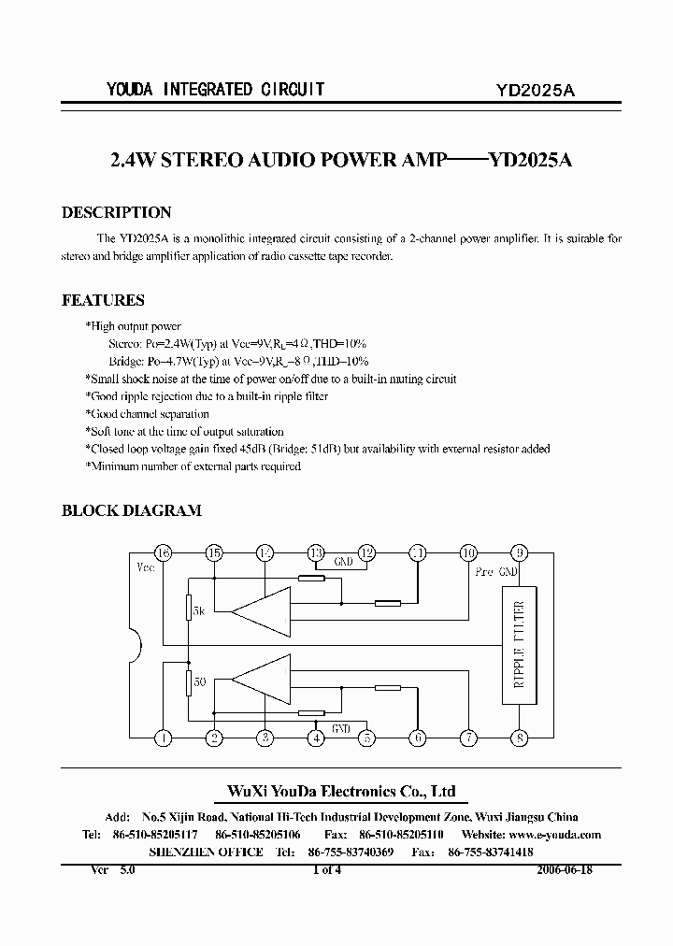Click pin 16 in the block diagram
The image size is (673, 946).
pyautogui.click(x=164, y=552)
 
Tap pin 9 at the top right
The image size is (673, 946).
pyautogui.click(x=520, y=552)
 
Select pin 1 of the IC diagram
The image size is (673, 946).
pyautogui.click(x=164, y=738)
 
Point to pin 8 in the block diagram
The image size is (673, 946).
pyautogui.click(x=520, y=738)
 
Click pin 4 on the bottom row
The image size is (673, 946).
pyautogui.click(x=317, y=738)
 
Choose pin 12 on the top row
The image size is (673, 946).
pyautogui.click(x=367, y=552)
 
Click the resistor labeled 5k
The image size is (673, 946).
pyautogui.click(x=188, y=609)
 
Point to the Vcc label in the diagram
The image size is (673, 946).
pyautogui.click(x=146, y=567)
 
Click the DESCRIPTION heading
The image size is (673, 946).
pyautogui.click(x=116, y=213)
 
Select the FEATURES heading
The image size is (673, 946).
pyautogui.click(x=103, y=301)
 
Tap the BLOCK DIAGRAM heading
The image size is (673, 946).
pyautogui.click(x=131, y=511)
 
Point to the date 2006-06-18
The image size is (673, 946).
pyautogui.click(x=565, y=868)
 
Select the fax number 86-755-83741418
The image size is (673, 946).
pyautogui.click(x=491, y=853)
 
